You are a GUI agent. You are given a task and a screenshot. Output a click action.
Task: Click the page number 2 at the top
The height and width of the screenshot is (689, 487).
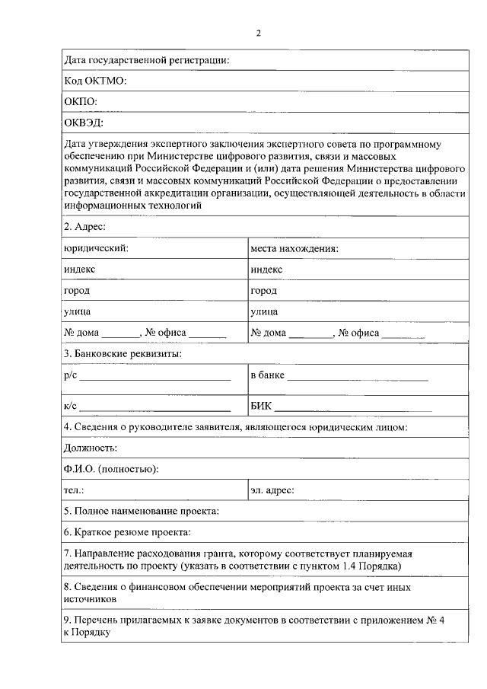point(259,33)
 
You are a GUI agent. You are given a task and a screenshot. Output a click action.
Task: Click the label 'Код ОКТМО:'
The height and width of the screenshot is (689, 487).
point(95,80)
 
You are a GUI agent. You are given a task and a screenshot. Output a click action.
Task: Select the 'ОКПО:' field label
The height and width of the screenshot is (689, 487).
point(81,100)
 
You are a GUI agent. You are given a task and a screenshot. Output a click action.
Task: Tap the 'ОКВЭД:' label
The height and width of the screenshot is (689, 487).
point(84,122)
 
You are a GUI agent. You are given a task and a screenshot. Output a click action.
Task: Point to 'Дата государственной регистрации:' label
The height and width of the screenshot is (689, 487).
point(148,59)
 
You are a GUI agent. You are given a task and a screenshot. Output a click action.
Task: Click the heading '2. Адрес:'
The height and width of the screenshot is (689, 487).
point(85,227)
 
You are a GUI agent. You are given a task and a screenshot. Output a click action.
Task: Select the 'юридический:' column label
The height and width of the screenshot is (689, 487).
point(96,248)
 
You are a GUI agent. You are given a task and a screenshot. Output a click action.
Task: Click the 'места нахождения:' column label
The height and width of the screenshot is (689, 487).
point(294,248)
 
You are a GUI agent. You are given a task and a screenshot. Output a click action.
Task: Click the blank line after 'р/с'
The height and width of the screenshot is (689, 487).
point(155,378)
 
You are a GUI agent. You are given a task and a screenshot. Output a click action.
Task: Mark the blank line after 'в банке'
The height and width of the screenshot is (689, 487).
point(358,378)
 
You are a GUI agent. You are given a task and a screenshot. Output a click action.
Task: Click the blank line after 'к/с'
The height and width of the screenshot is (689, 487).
point(155,410)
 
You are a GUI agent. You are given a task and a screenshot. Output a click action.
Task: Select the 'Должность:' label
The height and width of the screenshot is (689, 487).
point(91,448)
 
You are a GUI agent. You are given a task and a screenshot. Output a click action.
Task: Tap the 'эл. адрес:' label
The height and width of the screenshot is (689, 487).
point(272,490)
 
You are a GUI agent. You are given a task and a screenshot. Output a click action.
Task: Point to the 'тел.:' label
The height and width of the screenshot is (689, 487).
point(74,490)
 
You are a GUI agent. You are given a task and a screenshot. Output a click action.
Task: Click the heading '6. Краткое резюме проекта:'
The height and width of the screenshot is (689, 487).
point(127,531)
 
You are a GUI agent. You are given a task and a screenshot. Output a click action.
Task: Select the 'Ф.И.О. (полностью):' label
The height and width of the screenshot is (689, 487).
point(111,469)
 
